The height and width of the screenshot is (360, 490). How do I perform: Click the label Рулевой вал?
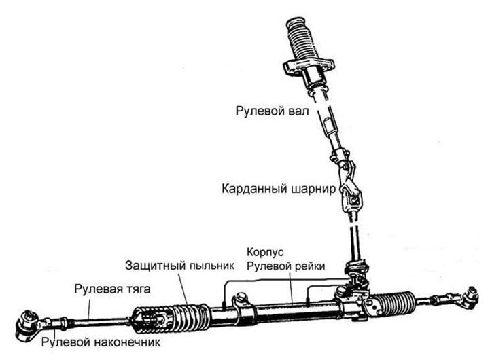pos(272,111)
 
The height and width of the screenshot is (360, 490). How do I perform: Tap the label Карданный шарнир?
pos(279,189)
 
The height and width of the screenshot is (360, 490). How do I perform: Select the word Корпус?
pos(265,252)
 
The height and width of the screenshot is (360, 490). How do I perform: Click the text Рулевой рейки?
pos(285,266)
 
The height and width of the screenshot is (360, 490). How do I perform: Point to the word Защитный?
pos(156,266)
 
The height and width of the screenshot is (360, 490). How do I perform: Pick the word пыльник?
pos(212,266)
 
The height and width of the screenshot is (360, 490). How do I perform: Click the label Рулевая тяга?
pos(112,289)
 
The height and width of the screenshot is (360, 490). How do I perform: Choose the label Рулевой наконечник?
pos(101,342)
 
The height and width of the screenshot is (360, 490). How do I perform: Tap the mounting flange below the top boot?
pos(308,67)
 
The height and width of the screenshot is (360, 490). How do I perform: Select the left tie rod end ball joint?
pos(27,325)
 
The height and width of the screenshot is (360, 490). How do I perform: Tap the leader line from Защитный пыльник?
pos(183,289)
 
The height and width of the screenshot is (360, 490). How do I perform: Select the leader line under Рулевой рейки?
pos(291,287)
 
